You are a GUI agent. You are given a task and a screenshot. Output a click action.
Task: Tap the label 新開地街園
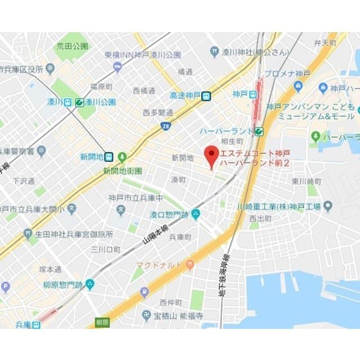pos(122,170)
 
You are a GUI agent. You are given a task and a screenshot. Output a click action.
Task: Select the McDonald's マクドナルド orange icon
pos(190,265)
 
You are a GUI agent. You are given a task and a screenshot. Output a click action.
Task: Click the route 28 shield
pos(165,126)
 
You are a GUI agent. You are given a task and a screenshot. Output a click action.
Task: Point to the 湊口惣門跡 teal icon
pos(195,214)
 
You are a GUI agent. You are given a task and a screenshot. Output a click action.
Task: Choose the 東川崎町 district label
pos(306,182)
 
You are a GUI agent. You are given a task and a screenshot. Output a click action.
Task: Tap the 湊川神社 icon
pos(215,52)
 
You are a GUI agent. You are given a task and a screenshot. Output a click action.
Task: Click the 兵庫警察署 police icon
pos(41,151)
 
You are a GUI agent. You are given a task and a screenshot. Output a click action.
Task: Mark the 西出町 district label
pos(260,218)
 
